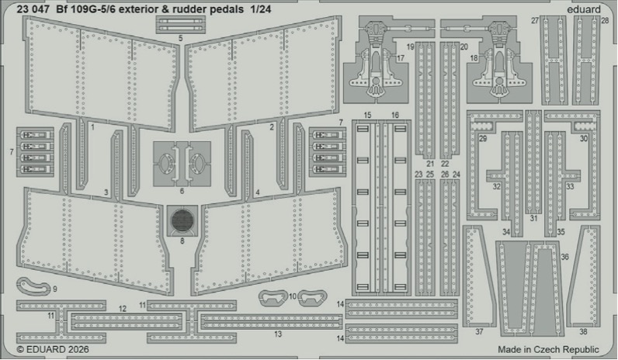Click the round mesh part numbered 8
182,220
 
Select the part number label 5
180,37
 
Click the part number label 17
401,58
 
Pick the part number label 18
473,58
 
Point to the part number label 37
479,331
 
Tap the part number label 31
533,219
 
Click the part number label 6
182,190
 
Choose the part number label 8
182,241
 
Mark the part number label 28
605,21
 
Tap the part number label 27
535,21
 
